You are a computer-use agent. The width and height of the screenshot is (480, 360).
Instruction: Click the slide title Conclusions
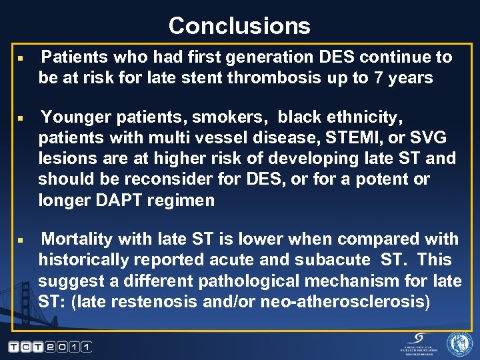click(239, 25)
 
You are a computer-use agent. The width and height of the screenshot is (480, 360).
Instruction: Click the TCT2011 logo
click(50, 347)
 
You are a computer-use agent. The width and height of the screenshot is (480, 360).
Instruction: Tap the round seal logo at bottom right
click(459, 344)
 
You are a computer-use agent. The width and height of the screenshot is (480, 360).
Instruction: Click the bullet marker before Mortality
click(21, 239)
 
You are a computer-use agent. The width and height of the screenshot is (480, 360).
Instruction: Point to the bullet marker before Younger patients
click(21, 119)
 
